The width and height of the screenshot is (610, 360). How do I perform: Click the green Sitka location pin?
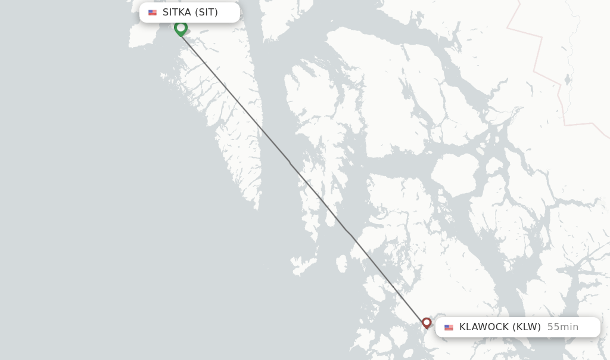pos(180,28)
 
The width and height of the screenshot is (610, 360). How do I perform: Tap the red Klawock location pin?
pos(427,323)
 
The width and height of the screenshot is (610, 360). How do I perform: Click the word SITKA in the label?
pos(176,13)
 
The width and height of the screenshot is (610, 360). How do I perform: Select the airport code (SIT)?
pos(207,13)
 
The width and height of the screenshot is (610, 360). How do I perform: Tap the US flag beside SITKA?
pos(152,13)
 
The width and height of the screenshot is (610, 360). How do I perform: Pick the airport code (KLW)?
pos(528,327)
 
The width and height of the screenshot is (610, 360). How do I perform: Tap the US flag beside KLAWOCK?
pos(449,327)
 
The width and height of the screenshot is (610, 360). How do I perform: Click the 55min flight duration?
pos(563,327)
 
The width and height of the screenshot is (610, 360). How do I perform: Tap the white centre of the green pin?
pos(180,27)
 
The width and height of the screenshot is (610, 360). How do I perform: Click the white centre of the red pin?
pos(427,322)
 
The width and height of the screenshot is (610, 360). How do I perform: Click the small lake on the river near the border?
pos(568,79)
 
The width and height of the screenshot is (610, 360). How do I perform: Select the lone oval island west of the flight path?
pos(341,263)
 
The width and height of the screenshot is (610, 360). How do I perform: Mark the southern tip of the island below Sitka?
pos(257,208)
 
